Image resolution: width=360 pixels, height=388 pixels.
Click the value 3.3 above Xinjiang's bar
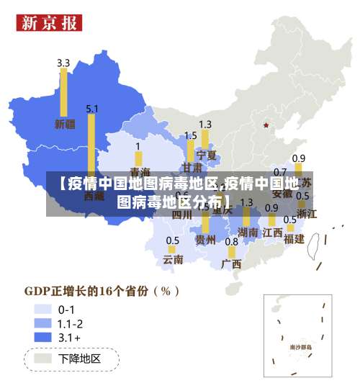tap(63, 63)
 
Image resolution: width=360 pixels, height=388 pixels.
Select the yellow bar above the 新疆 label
tap(63, 92)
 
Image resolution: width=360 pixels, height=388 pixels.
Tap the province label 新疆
tap(65, 124)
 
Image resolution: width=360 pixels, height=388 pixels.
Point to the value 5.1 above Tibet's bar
tap(92, 109)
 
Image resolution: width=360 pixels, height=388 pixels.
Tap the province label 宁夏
tap(206, 155)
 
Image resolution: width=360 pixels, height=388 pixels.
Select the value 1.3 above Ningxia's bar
tap(205, 125)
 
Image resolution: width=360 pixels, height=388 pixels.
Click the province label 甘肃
tap(192, 167)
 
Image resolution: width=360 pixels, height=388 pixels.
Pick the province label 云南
tap(173, 259)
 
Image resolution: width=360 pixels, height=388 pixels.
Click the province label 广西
tap(231, 263)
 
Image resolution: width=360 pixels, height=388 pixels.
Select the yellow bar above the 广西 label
tap(231, 253)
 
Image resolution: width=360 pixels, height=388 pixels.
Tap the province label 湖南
tap(248, 233)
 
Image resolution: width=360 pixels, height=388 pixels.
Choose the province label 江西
tap(272, 233)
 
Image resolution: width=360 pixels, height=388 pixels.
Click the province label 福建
tap(294, 238)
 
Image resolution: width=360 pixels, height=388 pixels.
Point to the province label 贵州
tap(205, 240)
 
